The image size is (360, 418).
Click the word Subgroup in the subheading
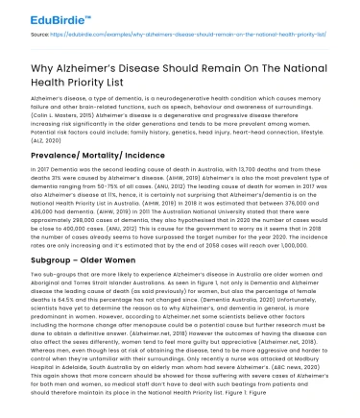pyautogui.click(x=55, y=259)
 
